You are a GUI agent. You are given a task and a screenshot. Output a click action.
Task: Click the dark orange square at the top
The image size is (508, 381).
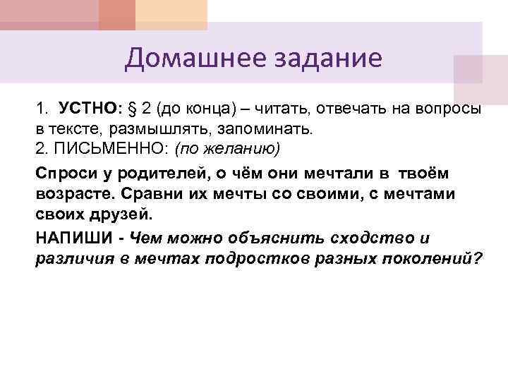(116, 15)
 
